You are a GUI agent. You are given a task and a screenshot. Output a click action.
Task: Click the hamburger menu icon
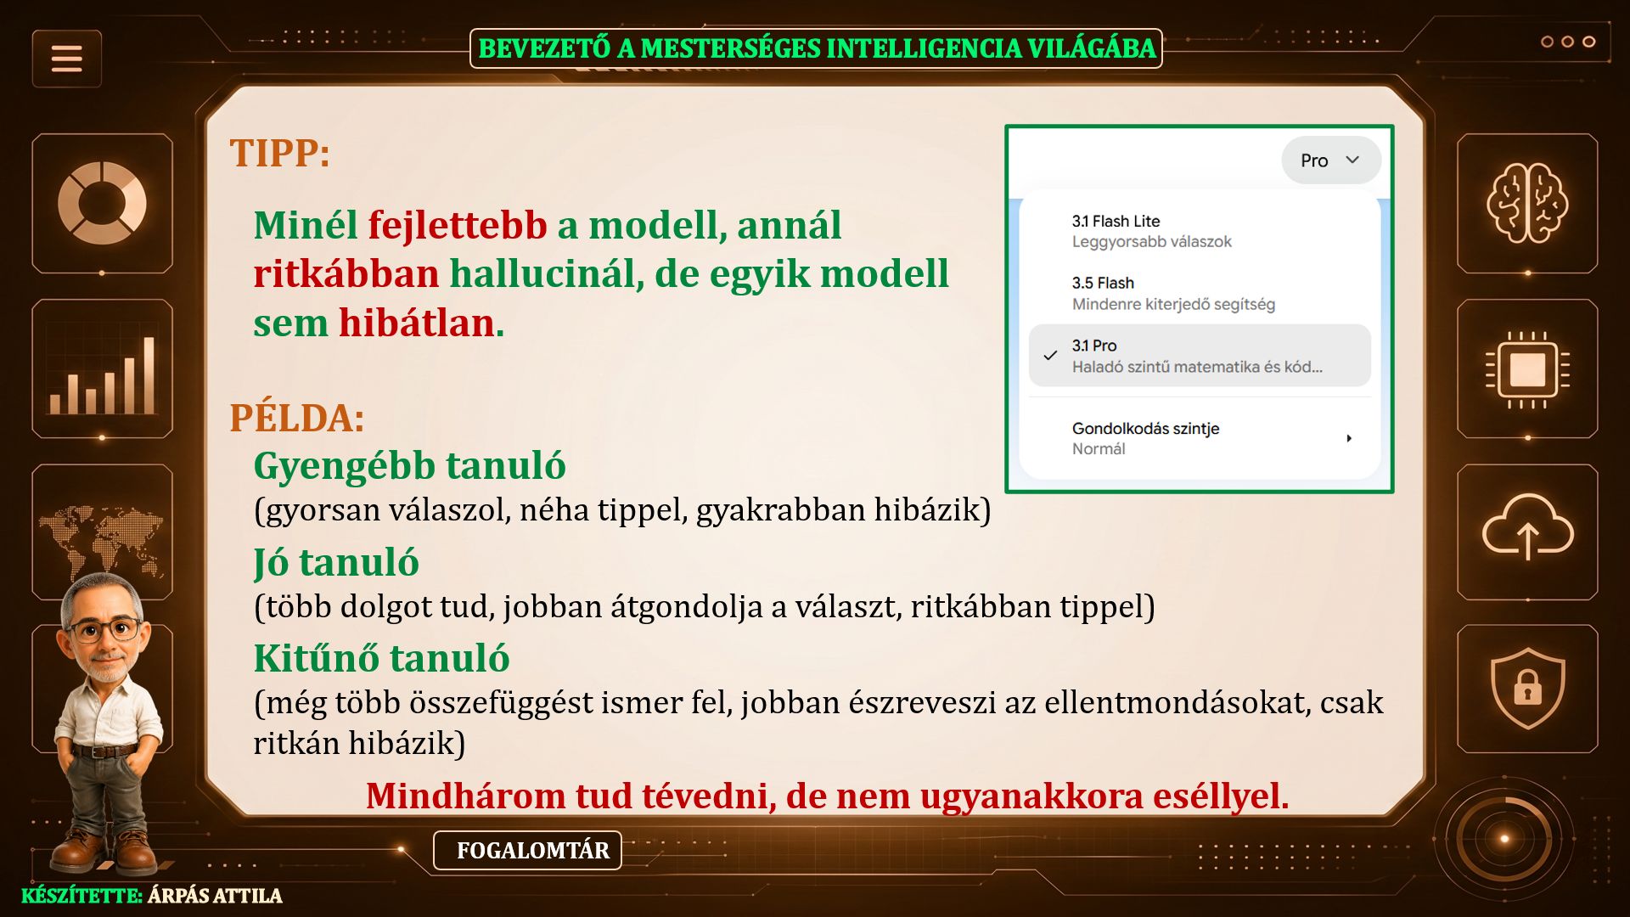point(67,59)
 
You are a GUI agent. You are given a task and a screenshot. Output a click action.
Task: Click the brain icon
point(1527,203)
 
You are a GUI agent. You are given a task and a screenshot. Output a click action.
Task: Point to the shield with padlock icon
point(1527,689)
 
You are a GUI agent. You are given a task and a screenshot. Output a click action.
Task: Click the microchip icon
point(1527,369)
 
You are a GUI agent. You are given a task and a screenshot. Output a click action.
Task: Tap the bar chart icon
point(102,374)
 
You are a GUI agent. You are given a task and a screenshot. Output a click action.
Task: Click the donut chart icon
point(102,203)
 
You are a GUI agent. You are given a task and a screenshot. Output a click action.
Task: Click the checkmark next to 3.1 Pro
point(1050,356)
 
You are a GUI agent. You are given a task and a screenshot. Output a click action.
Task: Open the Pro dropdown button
point(1330,160)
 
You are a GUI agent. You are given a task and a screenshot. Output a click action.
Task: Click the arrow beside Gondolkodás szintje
point(1349,438)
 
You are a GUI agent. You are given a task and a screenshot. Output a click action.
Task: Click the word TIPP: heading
point(279,154)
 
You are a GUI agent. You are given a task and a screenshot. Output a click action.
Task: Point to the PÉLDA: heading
point(297,418)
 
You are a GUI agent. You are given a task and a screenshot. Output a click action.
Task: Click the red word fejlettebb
point(458,225)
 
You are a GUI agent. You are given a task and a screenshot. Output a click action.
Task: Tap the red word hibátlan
point(417,323)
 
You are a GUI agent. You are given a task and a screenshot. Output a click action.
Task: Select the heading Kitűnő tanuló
point(381,658)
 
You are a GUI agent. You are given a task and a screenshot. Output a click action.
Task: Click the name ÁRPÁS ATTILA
point(215,896)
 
